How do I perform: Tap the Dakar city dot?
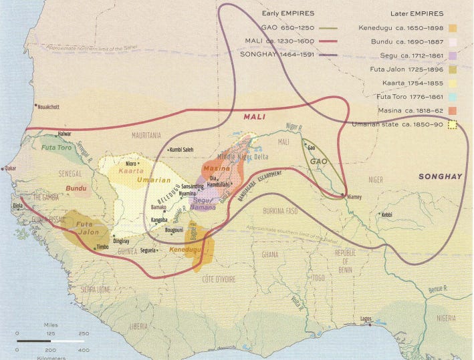point(4,168)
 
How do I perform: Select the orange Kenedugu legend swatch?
point(453,28)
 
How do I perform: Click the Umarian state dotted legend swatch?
point(453,124)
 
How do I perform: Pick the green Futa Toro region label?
point(57,147)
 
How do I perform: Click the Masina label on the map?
point(216,169)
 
